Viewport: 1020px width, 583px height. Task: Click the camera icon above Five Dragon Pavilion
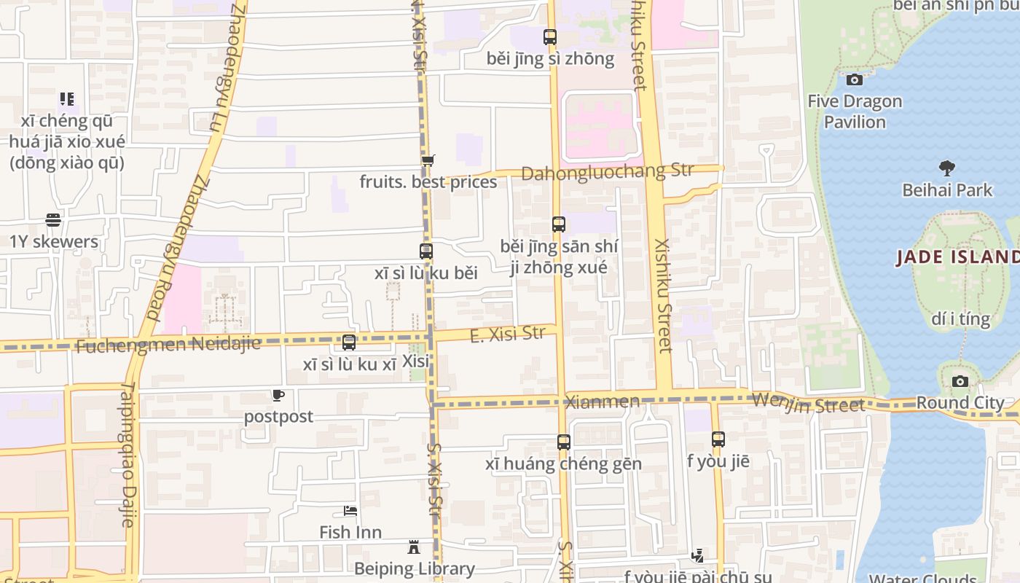(855, 79)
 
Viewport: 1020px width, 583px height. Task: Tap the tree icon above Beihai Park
(946, 169)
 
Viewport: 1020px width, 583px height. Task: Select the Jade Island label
(957, 257)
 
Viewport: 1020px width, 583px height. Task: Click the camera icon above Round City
(960, 381)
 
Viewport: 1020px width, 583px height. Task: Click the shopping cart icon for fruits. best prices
(428, 160)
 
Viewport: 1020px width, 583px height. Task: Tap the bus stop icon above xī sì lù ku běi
(426, 251)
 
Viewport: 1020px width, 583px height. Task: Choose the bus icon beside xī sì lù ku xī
(349, 343)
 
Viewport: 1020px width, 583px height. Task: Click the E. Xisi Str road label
(508, 334)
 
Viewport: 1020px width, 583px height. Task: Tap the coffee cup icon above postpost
(278, 396)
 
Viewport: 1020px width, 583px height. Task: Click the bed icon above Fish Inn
(350, 511)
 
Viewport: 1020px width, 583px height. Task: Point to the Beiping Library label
(414, 568)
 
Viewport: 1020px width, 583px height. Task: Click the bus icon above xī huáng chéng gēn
(563, 442)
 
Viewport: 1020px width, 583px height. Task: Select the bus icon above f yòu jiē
(718, 439)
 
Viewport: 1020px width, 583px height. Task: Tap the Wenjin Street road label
(808, 402)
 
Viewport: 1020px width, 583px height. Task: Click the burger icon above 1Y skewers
(52, 219)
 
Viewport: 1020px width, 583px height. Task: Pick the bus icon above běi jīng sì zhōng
(550, 36)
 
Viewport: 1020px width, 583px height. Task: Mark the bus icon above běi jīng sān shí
(559, 224)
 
